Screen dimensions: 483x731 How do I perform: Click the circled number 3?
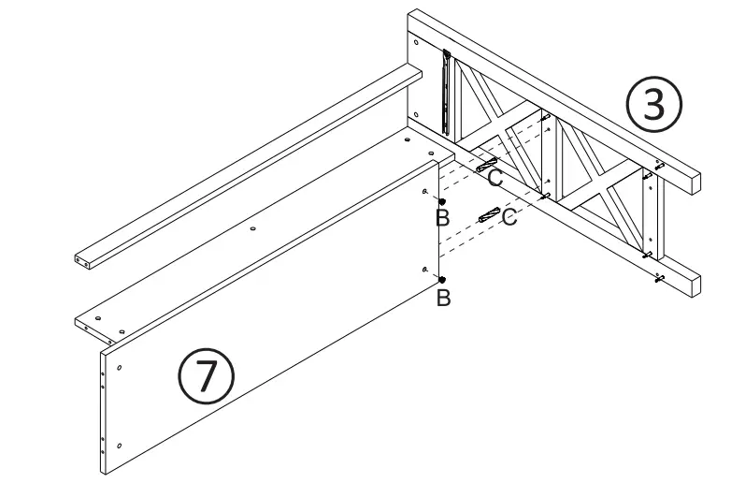[655, 105]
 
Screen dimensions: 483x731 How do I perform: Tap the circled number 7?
[207, 375]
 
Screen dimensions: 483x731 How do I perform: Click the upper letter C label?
[495, 177]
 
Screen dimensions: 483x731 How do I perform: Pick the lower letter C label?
[509, 217]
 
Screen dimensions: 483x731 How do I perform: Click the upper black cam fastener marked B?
[442, 202]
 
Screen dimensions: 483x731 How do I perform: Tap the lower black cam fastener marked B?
[442, 280]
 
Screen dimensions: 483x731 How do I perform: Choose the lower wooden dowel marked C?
[488, 215]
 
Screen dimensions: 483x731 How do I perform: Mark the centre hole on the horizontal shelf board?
[253, 226]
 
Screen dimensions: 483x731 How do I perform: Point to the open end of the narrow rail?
[81, 259]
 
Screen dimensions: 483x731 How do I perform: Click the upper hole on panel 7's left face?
[120, 367]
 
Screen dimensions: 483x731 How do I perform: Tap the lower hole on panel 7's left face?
[120, 444]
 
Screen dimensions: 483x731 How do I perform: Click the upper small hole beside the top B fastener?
[425, 191]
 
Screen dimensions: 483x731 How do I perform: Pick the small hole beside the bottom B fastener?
[425, 270]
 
